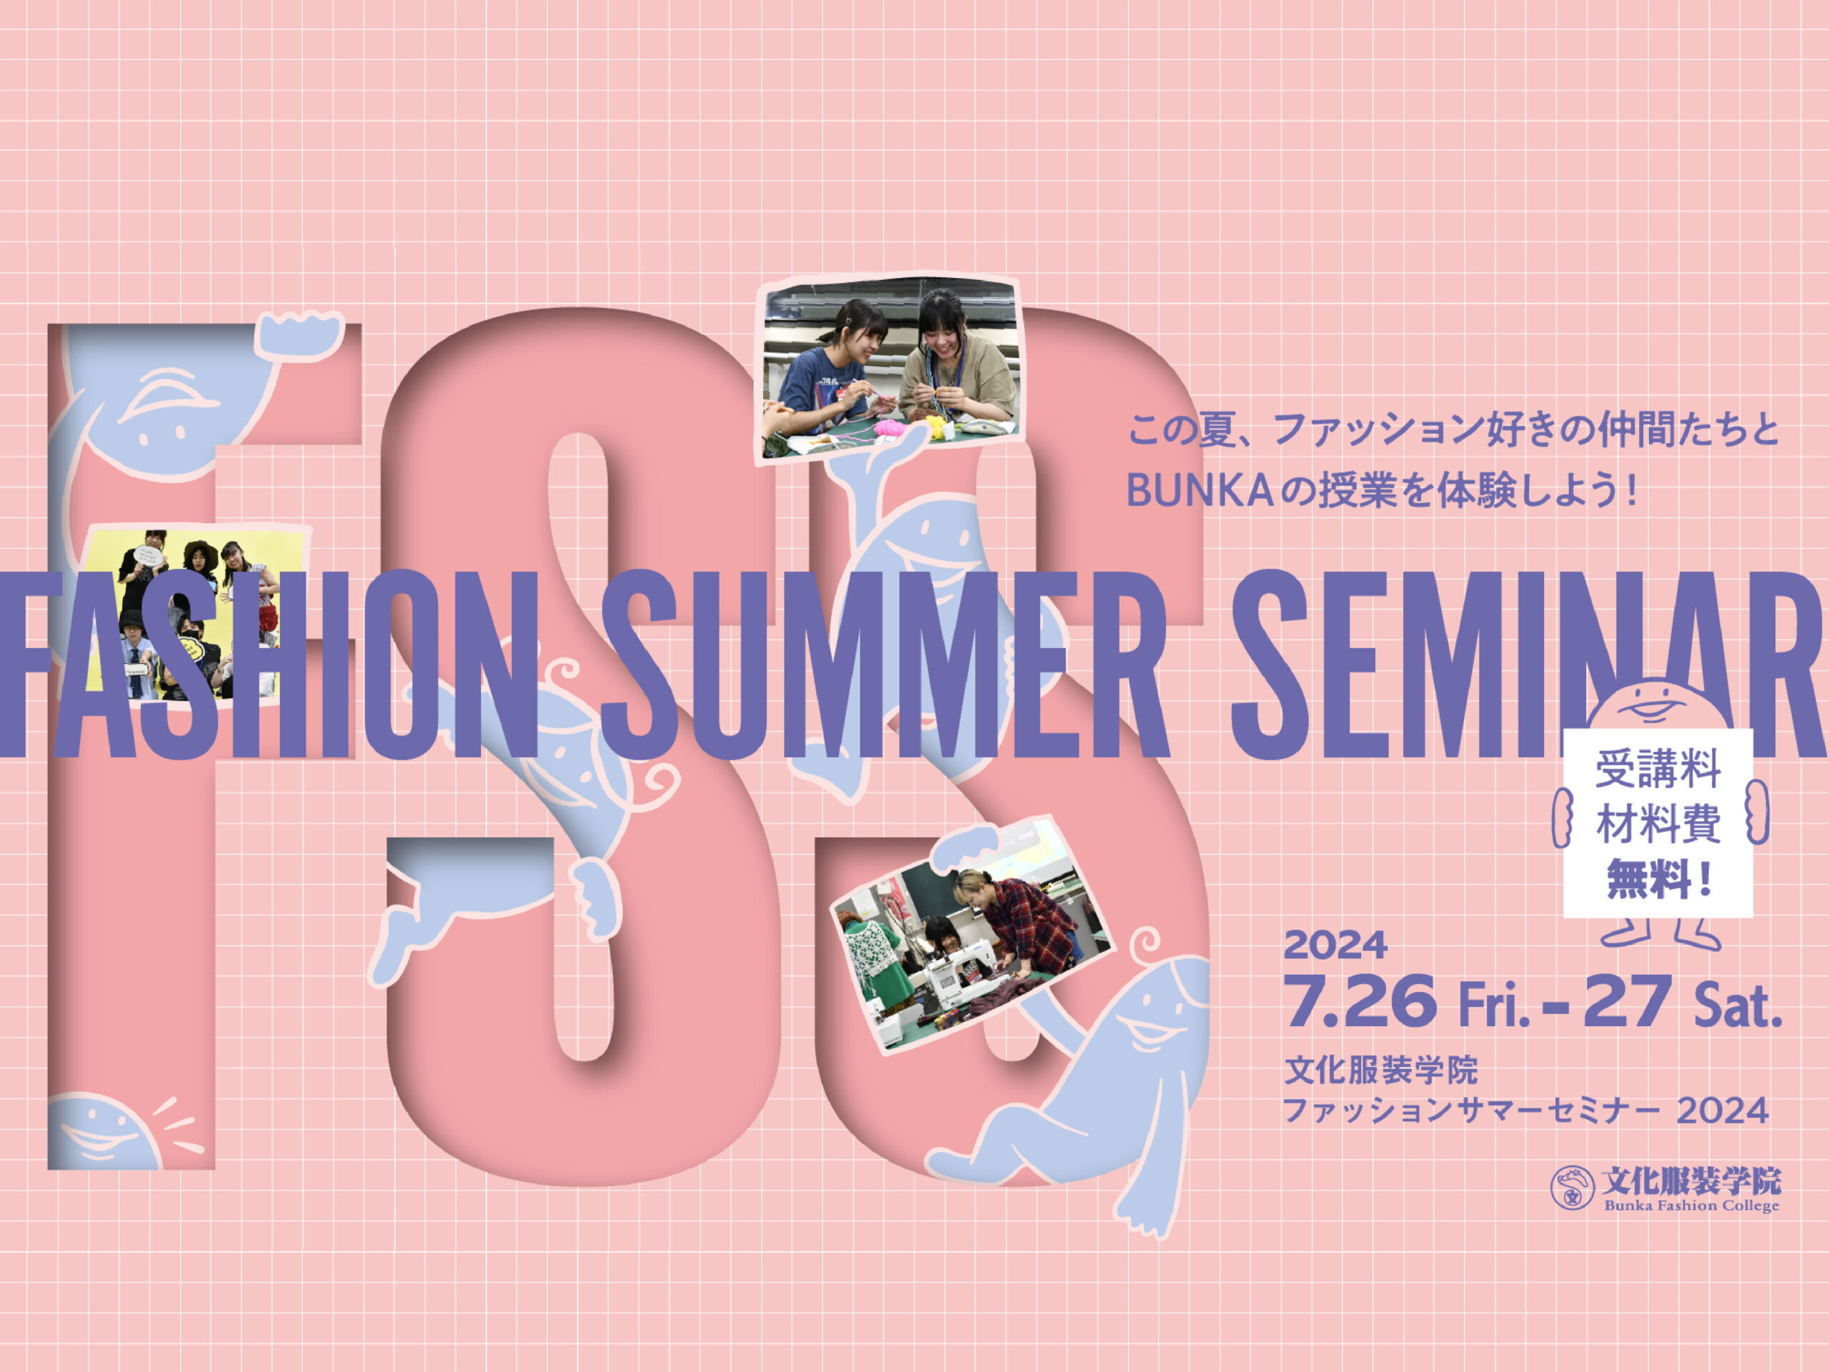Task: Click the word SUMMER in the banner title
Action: (884, 664)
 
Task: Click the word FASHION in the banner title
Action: (269, 664)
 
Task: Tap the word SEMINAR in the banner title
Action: (1530, 664)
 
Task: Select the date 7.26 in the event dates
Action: (1361, 1002)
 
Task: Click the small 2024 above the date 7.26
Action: (1335, 945)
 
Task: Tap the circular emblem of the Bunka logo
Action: (1572, 1188)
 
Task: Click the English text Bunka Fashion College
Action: (1692, 1205)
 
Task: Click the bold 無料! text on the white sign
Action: (1658, 878)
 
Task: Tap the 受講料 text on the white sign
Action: (1658, 769)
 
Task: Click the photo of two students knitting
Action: (889, 367)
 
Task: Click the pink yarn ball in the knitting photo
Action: (893, 428)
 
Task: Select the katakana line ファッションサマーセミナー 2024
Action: (1525, 1110)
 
